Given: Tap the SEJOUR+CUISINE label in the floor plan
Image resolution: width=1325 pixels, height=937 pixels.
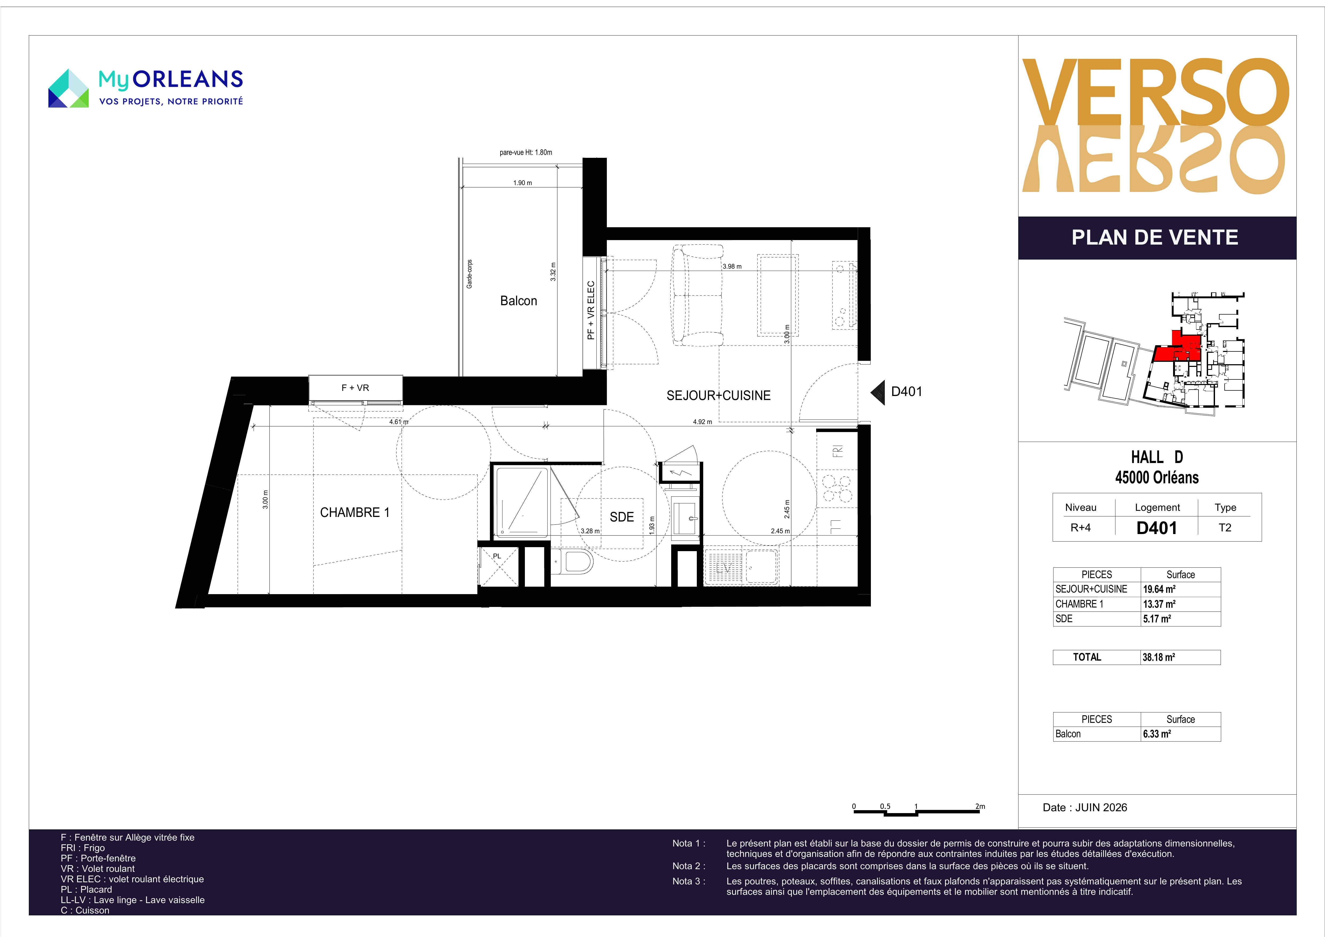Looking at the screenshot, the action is point(718,395).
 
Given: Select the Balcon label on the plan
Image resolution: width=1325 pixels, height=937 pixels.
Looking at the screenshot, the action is point(518,301).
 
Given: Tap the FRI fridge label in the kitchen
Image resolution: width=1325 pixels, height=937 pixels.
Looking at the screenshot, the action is point(837,451).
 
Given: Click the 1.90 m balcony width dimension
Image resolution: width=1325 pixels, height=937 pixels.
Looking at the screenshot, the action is point(522,183).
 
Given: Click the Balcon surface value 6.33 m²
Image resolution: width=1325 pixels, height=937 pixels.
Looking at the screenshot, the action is point(1157,734).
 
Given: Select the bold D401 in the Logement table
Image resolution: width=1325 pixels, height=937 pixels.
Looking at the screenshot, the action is point(1157,528).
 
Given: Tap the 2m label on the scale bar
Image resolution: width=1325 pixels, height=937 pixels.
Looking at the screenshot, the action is point(980,806).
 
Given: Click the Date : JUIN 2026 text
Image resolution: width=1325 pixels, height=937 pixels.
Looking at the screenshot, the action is point(1085,808).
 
